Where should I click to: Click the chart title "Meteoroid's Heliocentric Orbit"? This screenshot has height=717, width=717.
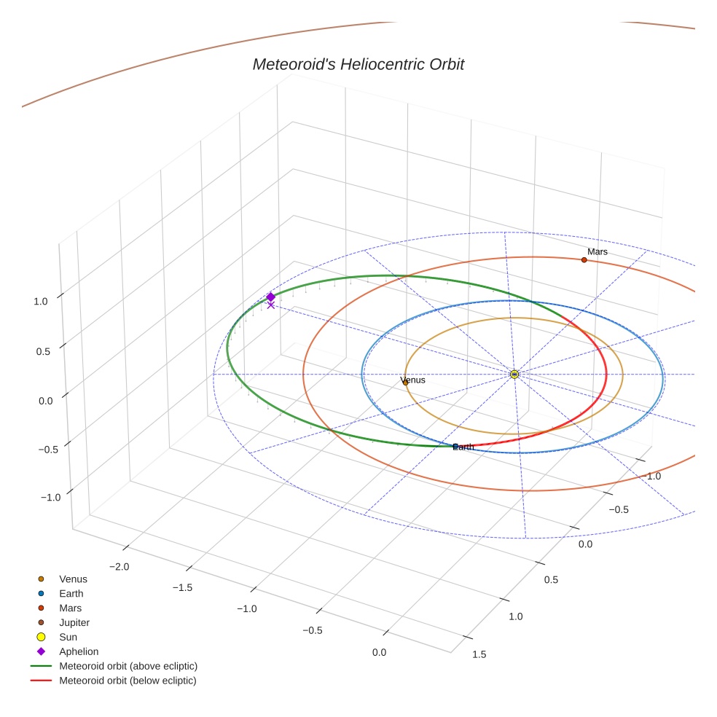click(358, 64)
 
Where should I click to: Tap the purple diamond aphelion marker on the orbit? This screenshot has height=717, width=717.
click(270, 297)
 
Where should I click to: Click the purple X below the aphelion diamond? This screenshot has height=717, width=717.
click(271, 305)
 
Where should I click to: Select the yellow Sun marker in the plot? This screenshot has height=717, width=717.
click(514, 374)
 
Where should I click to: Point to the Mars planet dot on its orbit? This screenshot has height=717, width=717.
click(584, 259)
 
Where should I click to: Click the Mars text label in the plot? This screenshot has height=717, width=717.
click(597, 252)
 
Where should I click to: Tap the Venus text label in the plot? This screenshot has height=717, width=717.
click(413, 380)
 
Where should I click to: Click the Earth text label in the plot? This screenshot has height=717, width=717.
click(463, 447)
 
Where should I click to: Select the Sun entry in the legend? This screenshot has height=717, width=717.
click(68, 637)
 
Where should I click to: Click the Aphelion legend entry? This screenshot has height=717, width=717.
click(79, 651)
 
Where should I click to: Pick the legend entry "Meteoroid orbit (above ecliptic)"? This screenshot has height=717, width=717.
click(128, 666)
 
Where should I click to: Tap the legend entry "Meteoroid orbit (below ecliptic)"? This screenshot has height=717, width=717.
click(128, 681)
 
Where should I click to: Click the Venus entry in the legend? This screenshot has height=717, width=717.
click(73, 579)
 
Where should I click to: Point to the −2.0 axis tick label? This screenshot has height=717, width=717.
click(119, 566)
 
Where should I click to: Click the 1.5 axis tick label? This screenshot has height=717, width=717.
click(479, 654)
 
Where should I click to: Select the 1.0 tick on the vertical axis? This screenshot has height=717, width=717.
click(40, 301)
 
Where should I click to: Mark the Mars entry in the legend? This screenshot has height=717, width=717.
click(70, 608)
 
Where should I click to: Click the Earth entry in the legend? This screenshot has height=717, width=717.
click(71, 593)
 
